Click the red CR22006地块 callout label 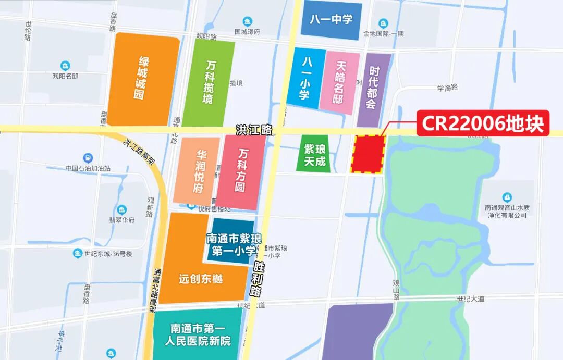(482, 123)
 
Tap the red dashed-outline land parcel (368, 154)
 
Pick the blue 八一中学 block (331, 20)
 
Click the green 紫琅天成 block (314, 154)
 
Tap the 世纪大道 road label (470, 299)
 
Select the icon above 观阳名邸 (65, 66)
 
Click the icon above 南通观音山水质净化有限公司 (507, 197)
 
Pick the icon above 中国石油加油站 (88, 158)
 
